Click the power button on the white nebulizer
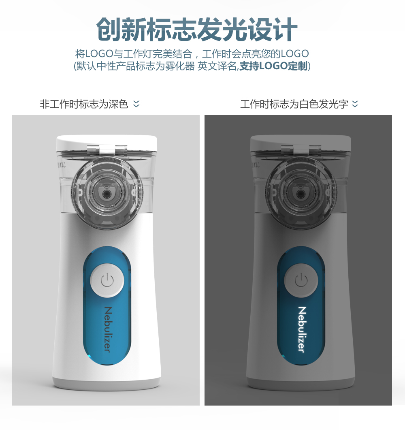pos(107,280)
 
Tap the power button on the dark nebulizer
pos(301,280)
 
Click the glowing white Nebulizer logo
pos(301,329)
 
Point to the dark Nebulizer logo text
pos(108,329)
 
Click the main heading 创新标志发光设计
pos(197,30)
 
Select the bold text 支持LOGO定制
pos(273,66)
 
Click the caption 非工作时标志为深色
pos(84,104)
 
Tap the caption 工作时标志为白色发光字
pos(294,104)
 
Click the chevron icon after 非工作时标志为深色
pos(136,104)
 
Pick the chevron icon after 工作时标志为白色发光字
pos(355,104)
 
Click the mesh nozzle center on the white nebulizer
pos(107,193)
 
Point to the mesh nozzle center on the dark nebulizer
pos(301,193)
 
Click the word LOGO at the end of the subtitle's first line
pos(295,53)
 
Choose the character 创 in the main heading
pos(109,30)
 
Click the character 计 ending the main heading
pos(286,30)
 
